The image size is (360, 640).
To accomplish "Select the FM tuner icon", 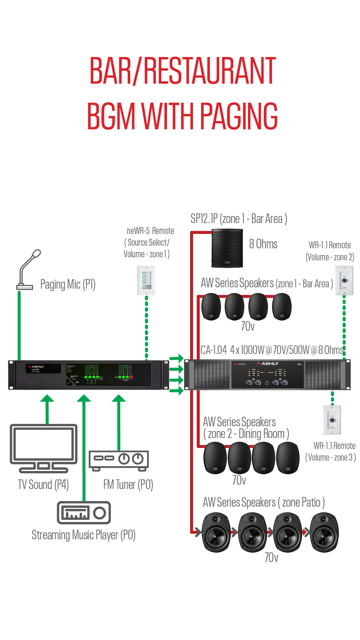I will point(119,460).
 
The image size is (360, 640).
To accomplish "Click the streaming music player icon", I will point(84,513).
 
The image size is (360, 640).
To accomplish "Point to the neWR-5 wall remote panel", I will point(146,280).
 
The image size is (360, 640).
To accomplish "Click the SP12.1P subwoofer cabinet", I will point(227,248).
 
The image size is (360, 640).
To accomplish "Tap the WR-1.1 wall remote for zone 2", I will point(344,280).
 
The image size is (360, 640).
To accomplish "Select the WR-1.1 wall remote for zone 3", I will point(332,420).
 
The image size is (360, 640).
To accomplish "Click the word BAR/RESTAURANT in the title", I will point(183,71).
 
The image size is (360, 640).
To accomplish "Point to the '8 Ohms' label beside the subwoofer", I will point(263,244).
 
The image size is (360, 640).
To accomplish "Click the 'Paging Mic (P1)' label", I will point(68,284).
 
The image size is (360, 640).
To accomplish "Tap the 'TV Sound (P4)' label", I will point(43,484).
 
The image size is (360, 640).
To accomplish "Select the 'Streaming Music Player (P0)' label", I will point(83,535).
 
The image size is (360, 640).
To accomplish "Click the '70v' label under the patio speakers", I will point(271,557).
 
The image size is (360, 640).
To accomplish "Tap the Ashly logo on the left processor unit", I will point(36,367).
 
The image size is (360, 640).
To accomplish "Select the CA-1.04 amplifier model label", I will point(214,350).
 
